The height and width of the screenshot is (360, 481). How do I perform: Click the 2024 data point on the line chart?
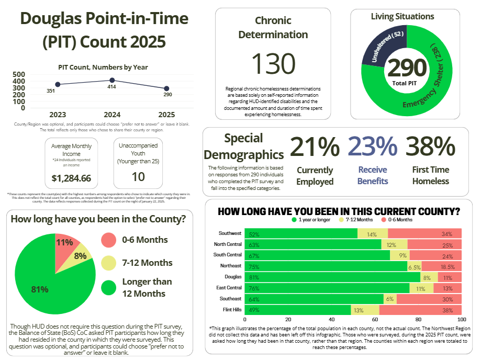(112, 80)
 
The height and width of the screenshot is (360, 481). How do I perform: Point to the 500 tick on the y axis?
(19, 74)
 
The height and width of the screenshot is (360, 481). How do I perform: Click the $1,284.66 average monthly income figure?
(71, 178)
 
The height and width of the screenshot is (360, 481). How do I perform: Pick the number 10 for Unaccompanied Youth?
(138, 177)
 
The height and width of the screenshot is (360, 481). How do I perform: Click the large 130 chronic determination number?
(273, 64)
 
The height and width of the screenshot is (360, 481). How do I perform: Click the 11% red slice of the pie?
(65, 243)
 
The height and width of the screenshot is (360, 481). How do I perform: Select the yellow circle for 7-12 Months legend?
(108, 263)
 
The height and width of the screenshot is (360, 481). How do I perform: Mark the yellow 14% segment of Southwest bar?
(372, 233)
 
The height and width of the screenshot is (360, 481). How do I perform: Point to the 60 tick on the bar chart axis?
(375, 319)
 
